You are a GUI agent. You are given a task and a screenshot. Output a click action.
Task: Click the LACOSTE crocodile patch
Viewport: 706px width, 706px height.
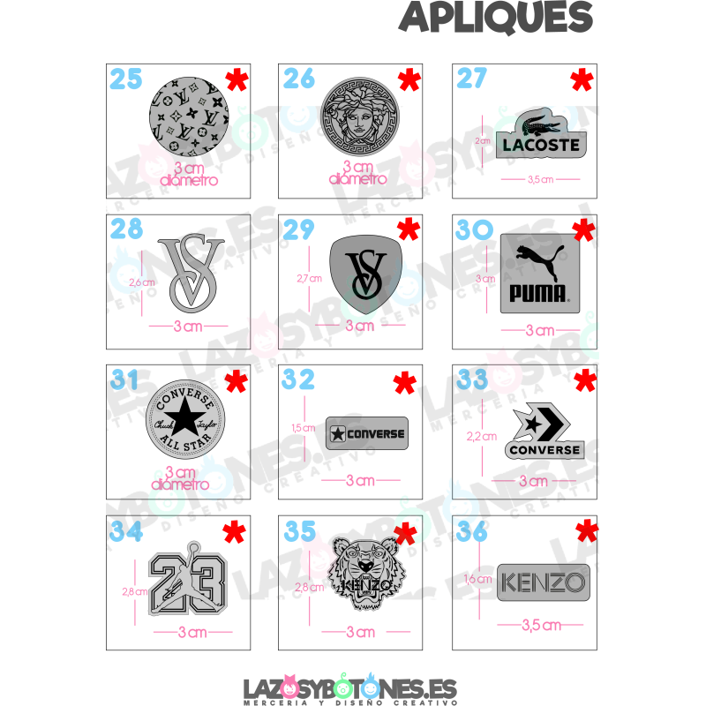click(x=540, y=134)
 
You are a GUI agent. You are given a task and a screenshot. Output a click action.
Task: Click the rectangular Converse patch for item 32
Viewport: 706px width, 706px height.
click(x=366, y=432)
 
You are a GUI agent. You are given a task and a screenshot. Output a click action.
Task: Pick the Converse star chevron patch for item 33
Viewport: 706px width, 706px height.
click(x=545, y=433)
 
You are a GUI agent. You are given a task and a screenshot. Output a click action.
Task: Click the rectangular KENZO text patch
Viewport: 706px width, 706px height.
click(x=543, y=582)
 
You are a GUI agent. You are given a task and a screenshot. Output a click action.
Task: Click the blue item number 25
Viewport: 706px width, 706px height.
click(x=126, y=79)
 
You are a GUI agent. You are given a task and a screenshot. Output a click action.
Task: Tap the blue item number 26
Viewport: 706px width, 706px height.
click(x=300, y=79)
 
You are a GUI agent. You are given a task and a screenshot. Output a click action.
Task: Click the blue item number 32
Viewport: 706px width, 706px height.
click(x=300, y=379)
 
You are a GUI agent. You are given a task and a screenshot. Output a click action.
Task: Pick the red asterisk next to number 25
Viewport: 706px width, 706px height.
click(x=236, y=81)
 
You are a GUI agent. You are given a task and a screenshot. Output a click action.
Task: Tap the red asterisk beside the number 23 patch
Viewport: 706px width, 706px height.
click(x=233, y=532)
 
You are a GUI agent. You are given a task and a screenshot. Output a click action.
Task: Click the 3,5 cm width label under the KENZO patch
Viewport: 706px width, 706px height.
click(x=541, y=626)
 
